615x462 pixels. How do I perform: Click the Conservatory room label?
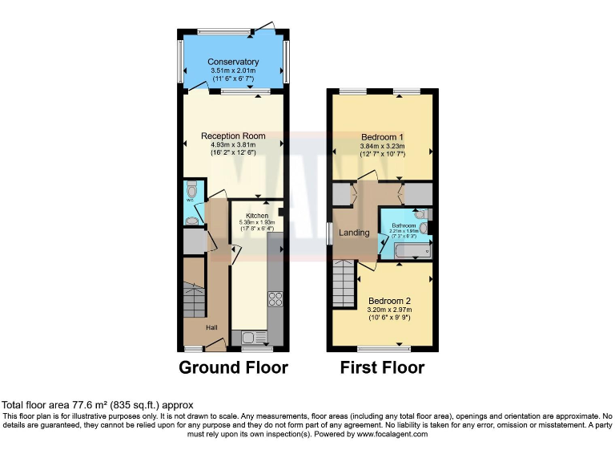pyautogui.click(x=233, y=62)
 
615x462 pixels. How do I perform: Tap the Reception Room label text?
pyautogui.click(x=233, y=136)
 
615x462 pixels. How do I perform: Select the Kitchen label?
pyautogui.click(x=257, y=217)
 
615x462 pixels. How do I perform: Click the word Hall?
pyautogui.click(x=211, y=327)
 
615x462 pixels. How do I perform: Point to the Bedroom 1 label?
pyautogui.click(x=382, y=136)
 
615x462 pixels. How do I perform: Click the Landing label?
pyautogui.click(x=354, y=233)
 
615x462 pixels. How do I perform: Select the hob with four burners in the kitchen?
pyautogui.click(x=275, y=299)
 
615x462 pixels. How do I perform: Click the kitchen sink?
pyautogui.click(x=248, y=337)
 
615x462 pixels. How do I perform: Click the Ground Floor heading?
pyautogui.click(x=233, y=368)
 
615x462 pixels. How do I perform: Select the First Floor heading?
pyautogui.click(x=382, y=368)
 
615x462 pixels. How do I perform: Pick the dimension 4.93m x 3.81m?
pyautogui.click(x=233, y=144)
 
